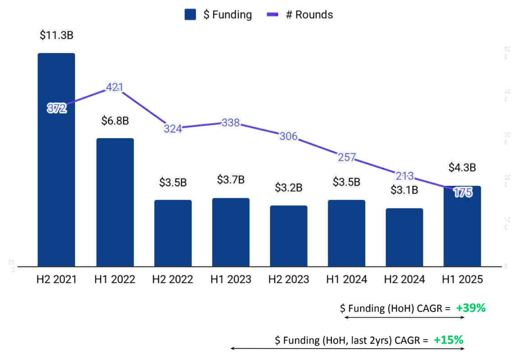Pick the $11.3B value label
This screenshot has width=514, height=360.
56,35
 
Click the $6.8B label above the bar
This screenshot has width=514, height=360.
115,121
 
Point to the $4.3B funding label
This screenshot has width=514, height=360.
462,167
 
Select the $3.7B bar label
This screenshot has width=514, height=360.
230,180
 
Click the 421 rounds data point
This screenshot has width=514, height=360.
115,88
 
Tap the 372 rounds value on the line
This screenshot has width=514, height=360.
57,108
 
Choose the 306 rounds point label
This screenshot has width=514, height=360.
289,136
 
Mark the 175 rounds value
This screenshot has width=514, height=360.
463,192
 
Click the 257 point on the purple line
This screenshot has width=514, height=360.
347,157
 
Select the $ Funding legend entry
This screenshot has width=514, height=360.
218,14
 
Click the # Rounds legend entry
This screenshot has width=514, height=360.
300,14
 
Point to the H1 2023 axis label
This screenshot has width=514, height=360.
230,280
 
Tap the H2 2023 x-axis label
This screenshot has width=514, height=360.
289,280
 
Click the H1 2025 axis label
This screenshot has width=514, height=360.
462,280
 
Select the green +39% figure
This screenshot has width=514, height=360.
470,309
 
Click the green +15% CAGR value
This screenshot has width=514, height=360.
449,340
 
